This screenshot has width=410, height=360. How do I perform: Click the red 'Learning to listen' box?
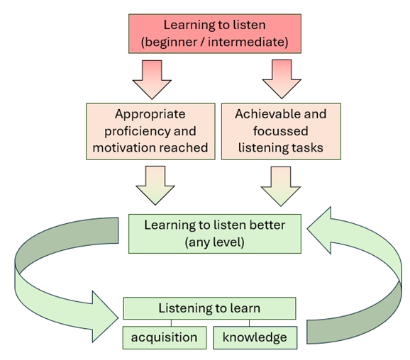(x=215, y=34)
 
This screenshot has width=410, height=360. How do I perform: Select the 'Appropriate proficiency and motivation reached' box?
(x=150, y=131)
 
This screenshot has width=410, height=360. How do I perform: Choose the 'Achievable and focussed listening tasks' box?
(x=281, y=131)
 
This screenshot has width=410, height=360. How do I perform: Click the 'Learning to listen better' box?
(x=215, y=234)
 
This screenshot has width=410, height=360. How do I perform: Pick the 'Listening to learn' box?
(x=209, y=308)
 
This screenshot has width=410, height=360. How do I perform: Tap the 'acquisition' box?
(x=165, y=337)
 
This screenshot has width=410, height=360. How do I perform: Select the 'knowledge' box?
(x=255, y=337)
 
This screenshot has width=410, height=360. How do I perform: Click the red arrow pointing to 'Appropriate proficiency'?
(x=152, y=79)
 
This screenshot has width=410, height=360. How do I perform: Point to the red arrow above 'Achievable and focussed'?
(x=282, y=79)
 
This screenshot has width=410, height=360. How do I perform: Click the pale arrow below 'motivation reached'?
(x=155, y=186)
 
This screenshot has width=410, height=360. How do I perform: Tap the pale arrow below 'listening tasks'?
(x=281, y=186)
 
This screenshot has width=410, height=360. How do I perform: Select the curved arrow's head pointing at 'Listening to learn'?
(x=105, y=317)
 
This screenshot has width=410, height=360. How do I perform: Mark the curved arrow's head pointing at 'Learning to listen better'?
(x=319, y=230)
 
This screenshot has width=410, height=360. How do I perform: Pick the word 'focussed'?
(x=281, y=131)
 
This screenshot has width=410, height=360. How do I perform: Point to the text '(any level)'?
(x=215, y=242)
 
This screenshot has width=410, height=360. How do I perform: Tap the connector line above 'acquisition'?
(x=171, y=323)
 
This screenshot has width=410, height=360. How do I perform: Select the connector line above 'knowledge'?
(x=249, y=323)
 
